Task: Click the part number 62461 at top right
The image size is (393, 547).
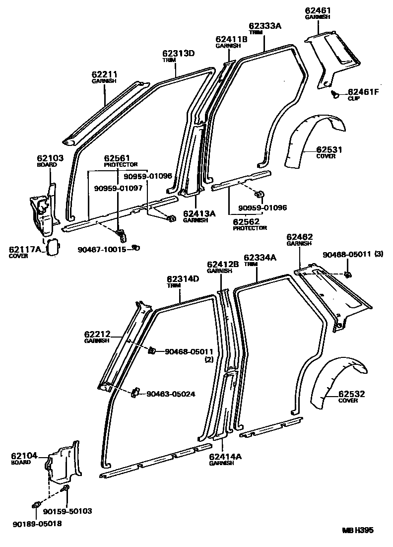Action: point(318,10)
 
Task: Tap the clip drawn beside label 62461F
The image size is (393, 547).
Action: point(335,93)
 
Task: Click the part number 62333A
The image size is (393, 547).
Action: point(264,25)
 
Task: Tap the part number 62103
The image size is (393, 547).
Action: point(50,158)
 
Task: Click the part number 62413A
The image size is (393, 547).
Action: point(199,213)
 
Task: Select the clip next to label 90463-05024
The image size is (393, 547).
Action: point(134,394)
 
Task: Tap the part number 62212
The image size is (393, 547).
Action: point(97,334)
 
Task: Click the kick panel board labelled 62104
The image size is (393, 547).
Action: point(63,464)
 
